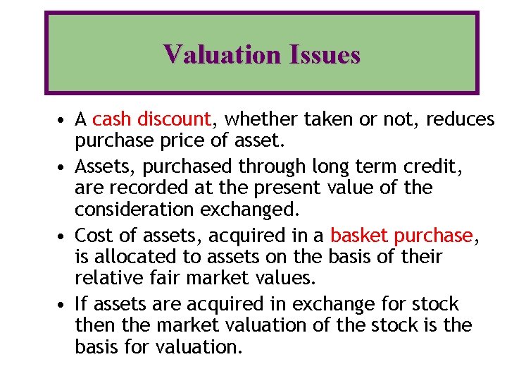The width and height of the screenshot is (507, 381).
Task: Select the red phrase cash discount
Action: [x=151, y=119]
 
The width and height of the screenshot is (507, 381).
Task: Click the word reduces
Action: [x=461, y=119]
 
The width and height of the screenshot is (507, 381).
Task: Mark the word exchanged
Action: [x=251, y=210]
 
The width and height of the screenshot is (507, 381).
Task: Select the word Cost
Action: [x=91, y=235]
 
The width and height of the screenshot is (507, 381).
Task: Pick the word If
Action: [x=80, y=304]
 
